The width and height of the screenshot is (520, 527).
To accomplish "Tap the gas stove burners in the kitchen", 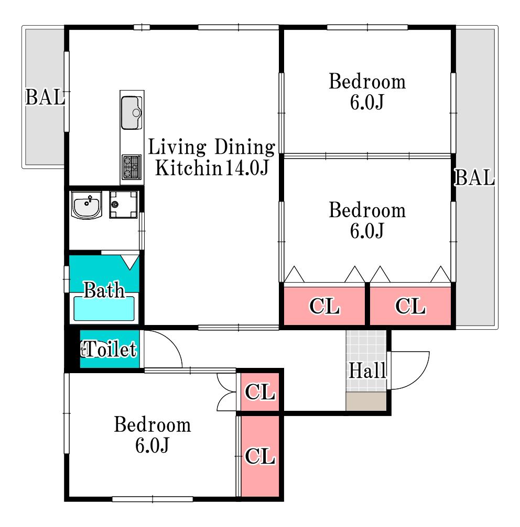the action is pyautogui.click(x=132, y=167).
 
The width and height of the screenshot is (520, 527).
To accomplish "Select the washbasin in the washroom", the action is pyautogui.click(x=86, y=205).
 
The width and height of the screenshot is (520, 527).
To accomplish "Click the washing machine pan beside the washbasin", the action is pyautogui.click(x=124, y=205).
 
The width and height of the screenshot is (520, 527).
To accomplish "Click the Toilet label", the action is pyautogui.click(x=109, y=349).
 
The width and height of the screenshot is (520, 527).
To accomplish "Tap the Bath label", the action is pyautogui.click(x=104, y=290).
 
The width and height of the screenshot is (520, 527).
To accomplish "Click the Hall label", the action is pyautogui.click(x=367, y=371).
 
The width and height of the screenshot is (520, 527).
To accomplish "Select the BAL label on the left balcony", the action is pyautogui.click(x=45, y=97).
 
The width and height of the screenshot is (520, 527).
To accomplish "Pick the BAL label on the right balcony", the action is pyautogui.click(x=474, y=177).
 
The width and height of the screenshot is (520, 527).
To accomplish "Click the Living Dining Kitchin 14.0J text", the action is pyautogui.click(x=212, y=158).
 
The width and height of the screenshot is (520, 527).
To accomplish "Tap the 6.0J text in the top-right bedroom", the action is pyautogui.click(x=367, y=102).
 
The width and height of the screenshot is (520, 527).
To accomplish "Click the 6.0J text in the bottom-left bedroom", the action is pyautogui.click(x=152, y=445).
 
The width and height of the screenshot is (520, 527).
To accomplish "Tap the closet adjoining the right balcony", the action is pyautogui.click(x=410, y=306).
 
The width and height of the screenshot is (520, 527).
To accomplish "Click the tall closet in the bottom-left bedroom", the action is pyautogui.click(x=260, y=456).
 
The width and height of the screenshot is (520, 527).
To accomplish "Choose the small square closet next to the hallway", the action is pyautogui.click(x=260, y=392).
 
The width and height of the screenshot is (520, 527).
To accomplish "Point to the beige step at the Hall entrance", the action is pyautogui.click(x=366, y=401).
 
